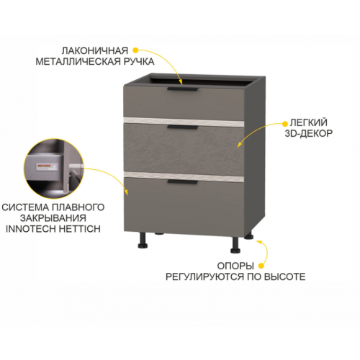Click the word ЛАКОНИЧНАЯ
95,51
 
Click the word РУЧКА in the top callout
139,61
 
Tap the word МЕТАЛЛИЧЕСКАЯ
78,61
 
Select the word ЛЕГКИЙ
309,122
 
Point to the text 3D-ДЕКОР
309,133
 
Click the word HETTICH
79,229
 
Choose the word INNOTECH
31,229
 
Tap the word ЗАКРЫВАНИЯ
53,218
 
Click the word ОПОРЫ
235,266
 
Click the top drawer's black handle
183,89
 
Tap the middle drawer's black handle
183,127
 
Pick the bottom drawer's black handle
183,182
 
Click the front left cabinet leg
143,240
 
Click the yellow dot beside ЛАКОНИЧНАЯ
135,50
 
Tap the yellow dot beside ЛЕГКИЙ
285,124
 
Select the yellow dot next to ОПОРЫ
261,266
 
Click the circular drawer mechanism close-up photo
54,168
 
